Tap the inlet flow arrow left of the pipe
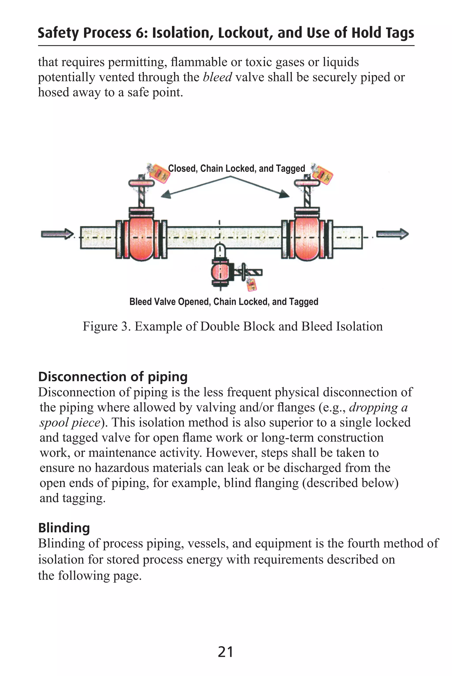(x=57, y=234)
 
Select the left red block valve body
(x=141, y=238)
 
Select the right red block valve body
(x=307, y=238)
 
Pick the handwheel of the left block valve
(x=141, y=183)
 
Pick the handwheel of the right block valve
(x=307, y=183)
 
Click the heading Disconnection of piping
(x=113, y=377)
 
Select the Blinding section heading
(x=64, y=528)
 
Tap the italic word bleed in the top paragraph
(x=217, y=77)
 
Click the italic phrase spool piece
(x=70, y=422)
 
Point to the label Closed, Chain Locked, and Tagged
(x=236, y=169)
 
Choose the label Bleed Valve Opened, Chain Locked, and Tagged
(x=224, y=302)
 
